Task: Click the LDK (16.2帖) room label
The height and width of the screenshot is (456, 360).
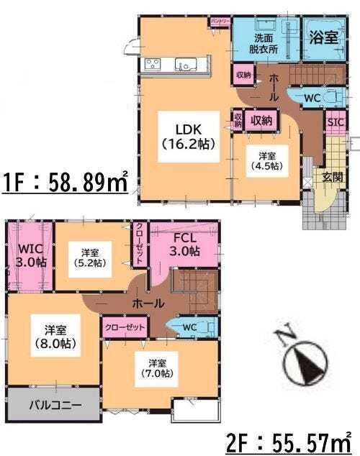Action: coord(189,137)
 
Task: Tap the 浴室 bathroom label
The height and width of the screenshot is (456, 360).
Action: coord(323,37)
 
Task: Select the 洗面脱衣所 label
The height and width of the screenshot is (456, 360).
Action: coord(264,44)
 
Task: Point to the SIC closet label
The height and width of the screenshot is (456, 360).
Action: coord(336,122)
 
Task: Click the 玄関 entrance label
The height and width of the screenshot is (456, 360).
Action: coord(333,177)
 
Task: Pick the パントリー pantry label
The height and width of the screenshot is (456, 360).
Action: coord(220,21)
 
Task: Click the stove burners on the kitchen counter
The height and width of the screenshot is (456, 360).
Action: coord(153,64)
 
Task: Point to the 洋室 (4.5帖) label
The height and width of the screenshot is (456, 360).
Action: coord(267,161)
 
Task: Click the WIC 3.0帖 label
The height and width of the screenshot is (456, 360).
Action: coord(31,256)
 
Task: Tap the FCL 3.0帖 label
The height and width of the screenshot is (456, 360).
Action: coord(185,245)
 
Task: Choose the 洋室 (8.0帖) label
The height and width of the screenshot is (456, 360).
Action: coord(55,337)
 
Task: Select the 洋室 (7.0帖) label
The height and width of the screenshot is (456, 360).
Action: coord(158,368)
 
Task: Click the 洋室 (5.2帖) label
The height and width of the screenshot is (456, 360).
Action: coord(90,257)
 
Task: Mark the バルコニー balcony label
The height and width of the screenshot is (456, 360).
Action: coord(55,405)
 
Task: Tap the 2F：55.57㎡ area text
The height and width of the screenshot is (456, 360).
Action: coord(289,442)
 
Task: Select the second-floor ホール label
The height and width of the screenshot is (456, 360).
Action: coord(148,304)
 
